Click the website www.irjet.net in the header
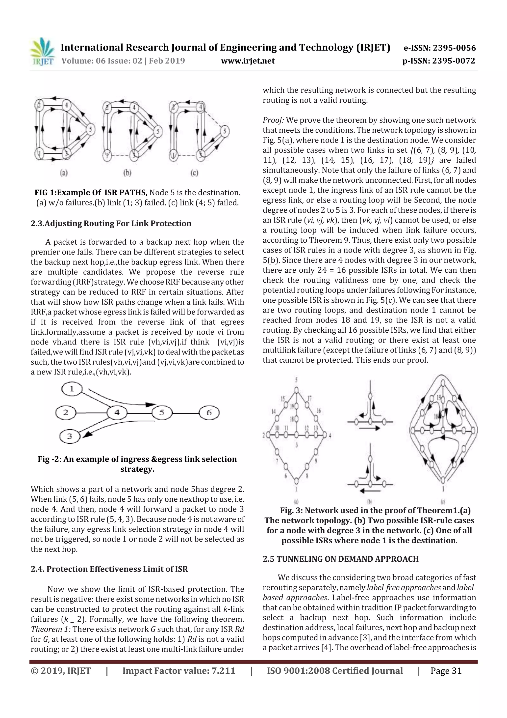248,61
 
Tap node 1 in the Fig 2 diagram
72,389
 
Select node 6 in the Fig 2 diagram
209,413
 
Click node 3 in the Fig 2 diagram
70,436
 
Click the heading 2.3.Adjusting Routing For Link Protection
111,223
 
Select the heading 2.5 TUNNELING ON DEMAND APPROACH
340,559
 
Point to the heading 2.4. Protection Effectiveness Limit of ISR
109,569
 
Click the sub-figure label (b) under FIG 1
127,172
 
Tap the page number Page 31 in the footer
446,670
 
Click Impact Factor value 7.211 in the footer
179,670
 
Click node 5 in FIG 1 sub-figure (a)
91,129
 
